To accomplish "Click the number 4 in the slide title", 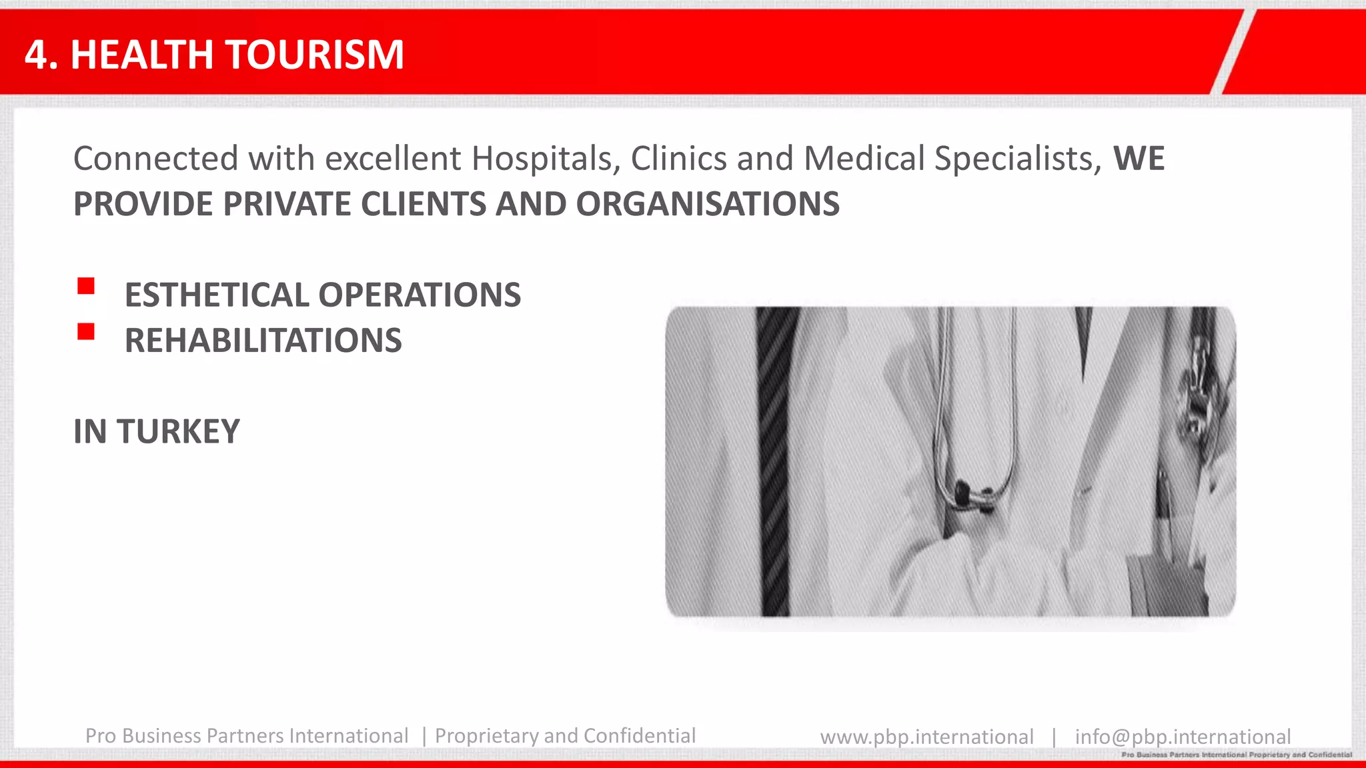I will (36, 55).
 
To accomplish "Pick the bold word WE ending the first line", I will (1139, 159).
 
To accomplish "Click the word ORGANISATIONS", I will (707, 204).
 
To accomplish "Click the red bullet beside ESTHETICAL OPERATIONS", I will (86, 287).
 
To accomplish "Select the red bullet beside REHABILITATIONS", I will (86, 331).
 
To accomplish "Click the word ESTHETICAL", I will (216, 295).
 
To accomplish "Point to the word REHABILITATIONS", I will (263, 341).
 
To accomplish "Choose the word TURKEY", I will (178, 431).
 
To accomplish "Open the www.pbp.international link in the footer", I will (926, 737).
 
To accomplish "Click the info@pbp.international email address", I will (1182, 737).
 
